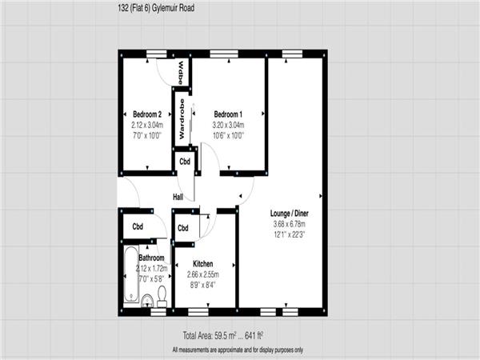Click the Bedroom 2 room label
tap(147, 114)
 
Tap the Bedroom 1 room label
tap(228, 114)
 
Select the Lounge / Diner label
tap(290, 214)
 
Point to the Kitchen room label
tap(203, 264)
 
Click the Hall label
tap(178, 197)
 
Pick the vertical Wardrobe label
tap(182, 118)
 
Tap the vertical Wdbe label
tap(181, 73)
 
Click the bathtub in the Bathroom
tap(131, 274)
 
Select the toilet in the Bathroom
tap(162, 296)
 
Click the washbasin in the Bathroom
tap(147, 301)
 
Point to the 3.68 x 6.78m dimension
tap(290, 224)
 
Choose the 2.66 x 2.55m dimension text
tap(203, 274)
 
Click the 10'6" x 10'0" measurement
tap(228, 135)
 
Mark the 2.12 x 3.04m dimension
tap(147, 125)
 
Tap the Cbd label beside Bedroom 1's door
tap(185, 162)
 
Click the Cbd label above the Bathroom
tap(138, 226)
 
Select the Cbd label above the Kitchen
tap(183, 228)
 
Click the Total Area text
tap(223, 336)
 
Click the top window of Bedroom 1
tap(224, 54)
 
